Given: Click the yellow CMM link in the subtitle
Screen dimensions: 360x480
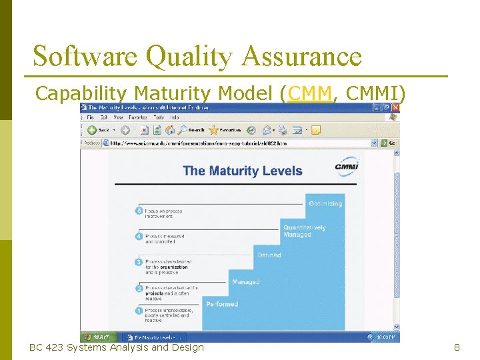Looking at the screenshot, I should (x=309, y=94).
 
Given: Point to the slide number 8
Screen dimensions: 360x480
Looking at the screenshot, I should (x=457, y=347).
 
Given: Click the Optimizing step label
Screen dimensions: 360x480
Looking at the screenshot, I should (x=325, y=203).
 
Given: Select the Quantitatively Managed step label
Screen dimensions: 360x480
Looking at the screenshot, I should (x=304, y=231).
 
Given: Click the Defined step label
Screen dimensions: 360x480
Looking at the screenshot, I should (x=269, y=255).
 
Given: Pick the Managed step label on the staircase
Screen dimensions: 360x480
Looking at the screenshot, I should (x=245, y=282).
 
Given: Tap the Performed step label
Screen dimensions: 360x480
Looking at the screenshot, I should (x=222, y=304).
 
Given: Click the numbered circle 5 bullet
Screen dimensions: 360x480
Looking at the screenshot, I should (x=139, y=211).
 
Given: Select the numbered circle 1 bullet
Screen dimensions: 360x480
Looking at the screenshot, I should (x=139, y=311).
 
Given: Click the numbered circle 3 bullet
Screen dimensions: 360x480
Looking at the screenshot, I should (x=139, y=262).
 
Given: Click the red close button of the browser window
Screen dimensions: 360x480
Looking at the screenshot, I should (x=395, y=107).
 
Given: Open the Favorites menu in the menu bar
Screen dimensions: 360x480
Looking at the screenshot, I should (x=139, y=117).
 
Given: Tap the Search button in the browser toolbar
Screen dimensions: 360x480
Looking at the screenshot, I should (x=191, y=130).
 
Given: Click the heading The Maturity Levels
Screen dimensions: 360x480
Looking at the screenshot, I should (x=243, y=171).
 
